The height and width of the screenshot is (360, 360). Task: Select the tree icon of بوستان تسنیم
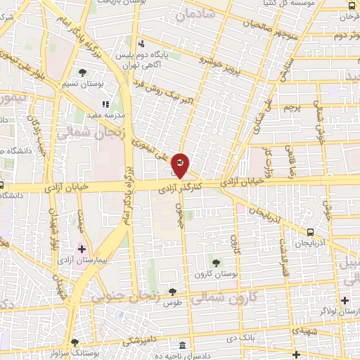84,72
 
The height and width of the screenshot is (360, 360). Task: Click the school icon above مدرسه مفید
106,105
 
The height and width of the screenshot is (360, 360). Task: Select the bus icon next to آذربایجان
311,231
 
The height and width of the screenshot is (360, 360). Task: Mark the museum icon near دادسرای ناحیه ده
182,347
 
